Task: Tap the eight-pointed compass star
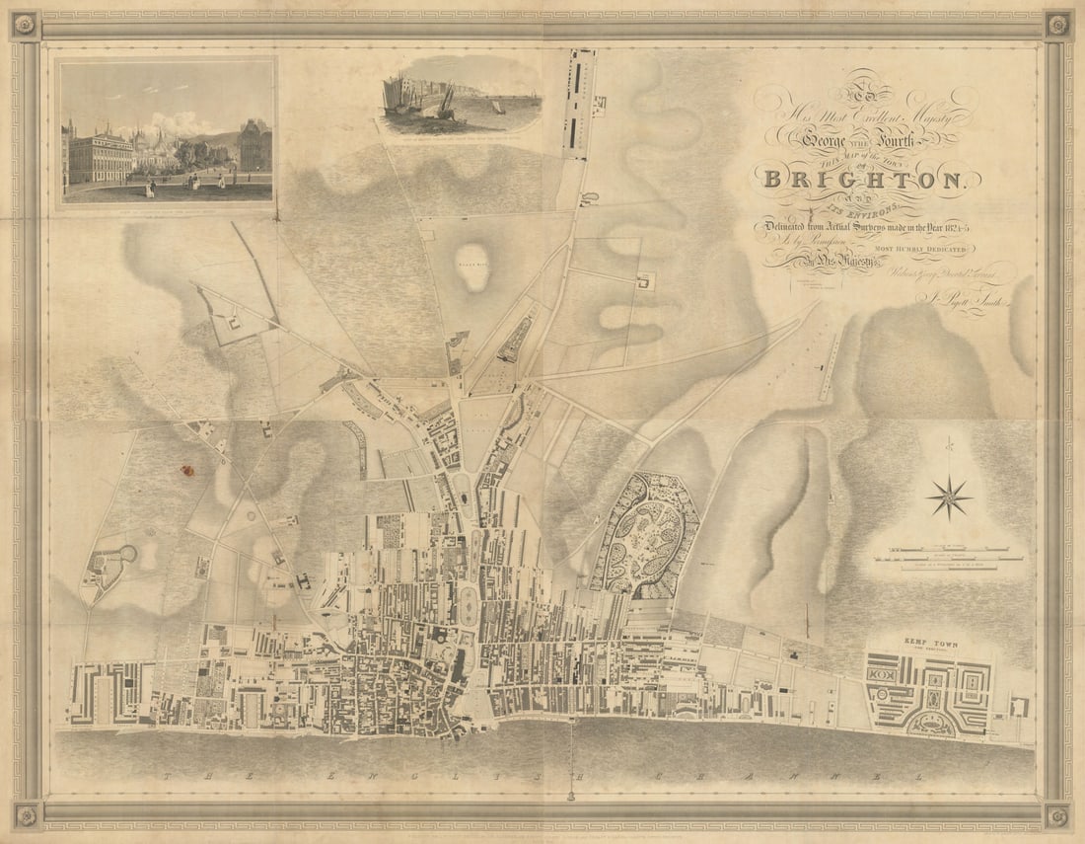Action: point(949,497)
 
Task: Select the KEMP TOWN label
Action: point(931,644)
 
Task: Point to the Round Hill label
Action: point(473,265)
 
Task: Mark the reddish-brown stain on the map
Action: point(186,470)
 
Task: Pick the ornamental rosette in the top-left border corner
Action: point(25,25)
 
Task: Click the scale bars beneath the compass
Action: point(948,555)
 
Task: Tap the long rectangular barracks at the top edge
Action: point(577,104)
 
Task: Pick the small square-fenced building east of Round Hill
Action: point(646,282)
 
